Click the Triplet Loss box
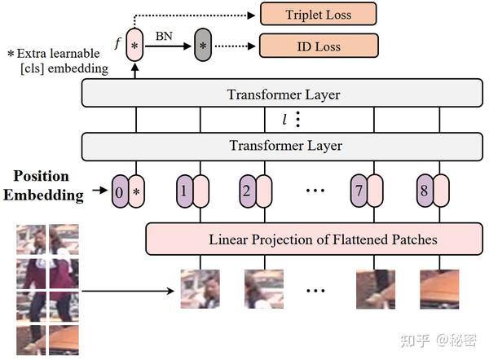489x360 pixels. point(319,14)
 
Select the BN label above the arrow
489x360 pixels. point(163,36)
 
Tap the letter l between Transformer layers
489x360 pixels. point(284,121)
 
